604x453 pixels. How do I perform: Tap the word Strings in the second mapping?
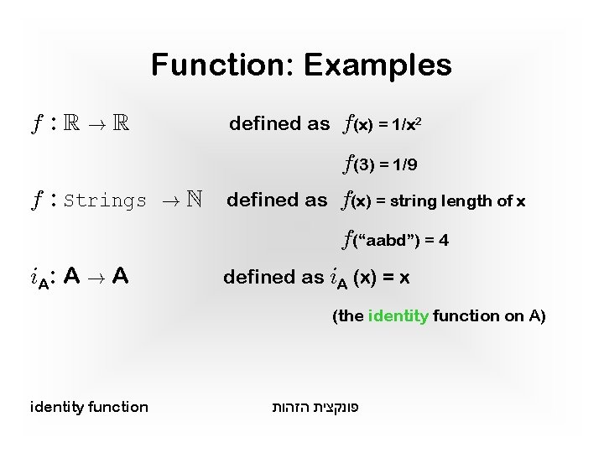pos(105,201)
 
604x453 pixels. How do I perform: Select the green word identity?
pos(398,316)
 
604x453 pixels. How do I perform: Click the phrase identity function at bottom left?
pos(89,407)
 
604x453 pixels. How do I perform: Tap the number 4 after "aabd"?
pos(444,241)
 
